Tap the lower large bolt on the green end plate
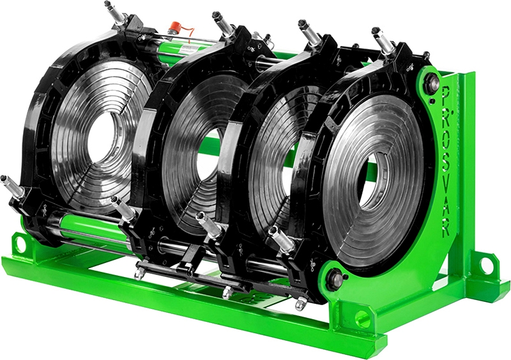[335, 279]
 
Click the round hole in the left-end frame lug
[20, 244]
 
